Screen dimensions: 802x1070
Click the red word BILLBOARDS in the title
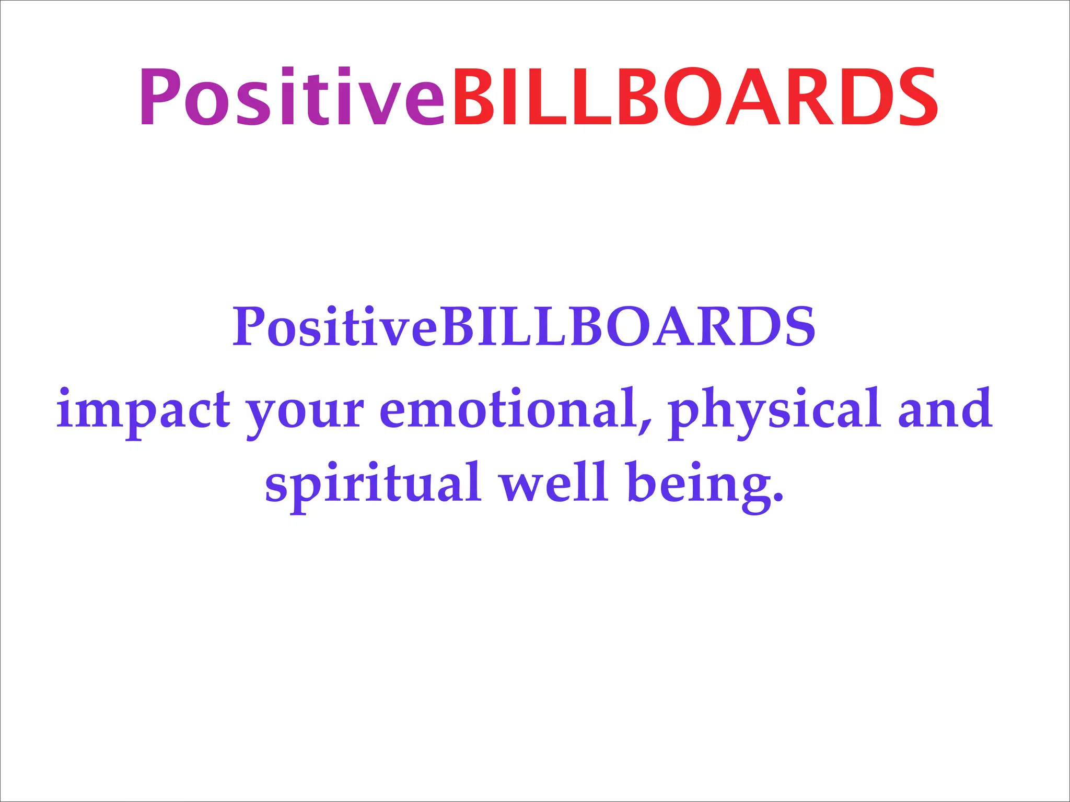(695, 98)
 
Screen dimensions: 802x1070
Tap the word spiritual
(373, 485)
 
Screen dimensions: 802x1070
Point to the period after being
(779, 498)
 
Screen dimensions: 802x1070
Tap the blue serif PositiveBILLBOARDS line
(524, 327)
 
